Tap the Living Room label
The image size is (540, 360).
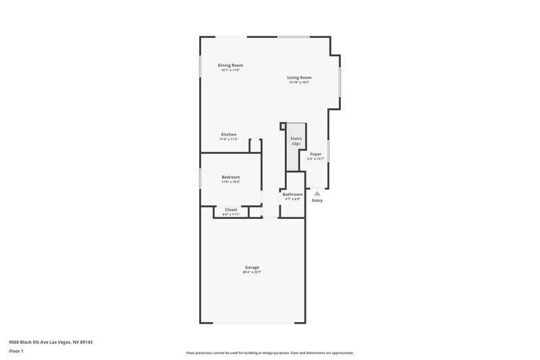[x=300, y=77]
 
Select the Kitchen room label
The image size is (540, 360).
[x=229, y=134]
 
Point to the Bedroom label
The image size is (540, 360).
[x=230, y=177]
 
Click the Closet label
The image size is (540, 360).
[x=231, y=209]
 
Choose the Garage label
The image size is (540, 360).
[x=252, y=267]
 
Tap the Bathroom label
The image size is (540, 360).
[x=292, y=195]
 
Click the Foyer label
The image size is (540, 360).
[x=315, y=154]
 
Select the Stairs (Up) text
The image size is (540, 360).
[x=296, y=141]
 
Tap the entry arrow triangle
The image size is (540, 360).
[x=317, y=193]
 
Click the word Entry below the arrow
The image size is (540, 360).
[x=317, y=201]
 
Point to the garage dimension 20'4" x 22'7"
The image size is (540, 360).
[x=252, y=272]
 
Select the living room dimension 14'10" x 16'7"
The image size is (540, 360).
[x=300, y=82]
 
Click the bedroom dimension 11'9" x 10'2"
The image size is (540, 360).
[x=230, y=182]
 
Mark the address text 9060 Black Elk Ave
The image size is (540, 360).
[x=51, y=342]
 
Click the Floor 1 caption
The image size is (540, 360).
[x=16, y=351]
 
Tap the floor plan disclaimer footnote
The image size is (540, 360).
[x=270, y=353]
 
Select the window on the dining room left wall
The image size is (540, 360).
[x=200, y=66]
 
